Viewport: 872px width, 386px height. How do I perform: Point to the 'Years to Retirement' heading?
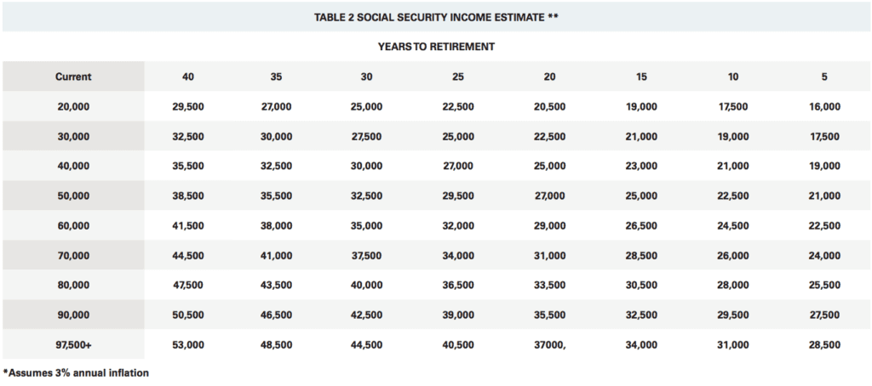click(x=436, y=47)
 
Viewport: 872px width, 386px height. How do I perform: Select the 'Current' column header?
click(x=73, y=77)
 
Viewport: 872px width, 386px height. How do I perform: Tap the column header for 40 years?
click(x=188, y=77)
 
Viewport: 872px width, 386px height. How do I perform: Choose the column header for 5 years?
click(x=824, y=77)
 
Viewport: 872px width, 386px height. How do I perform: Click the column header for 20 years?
click(x=549, y=77)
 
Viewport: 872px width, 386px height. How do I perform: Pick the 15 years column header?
click(x=641, y=77)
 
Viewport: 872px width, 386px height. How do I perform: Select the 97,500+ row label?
click(x=73, y=345)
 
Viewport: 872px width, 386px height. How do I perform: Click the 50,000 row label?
click(x=73, y=196)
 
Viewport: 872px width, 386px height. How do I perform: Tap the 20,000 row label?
click(x=73, y=106)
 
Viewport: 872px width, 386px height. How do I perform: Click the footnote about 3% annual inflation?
click(x=76, y=372)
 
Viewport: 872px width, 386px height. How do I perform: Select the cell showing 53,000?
click(x=188, y=345)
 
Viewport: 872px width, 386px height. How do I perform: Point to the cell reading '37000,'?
click(x=549, y=345)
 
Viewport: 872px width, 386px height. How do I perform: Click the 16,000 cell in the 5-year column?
click(x=824, y=106)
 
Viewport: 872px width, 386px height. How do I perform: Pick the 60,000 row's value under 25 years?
click(x=458, y=226)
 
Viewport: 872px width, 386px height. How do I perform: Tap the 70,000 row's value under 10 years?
click(x=733, y=255)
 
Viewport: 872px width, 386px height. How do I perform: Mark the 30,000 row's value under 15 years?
click(x=641, y=137)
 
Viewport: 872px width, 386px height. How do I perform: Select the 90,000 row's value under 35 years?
click(x=277, y=315)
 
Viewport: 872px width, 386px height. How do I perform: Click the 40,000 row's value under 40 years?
click(x=188, y=166)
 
